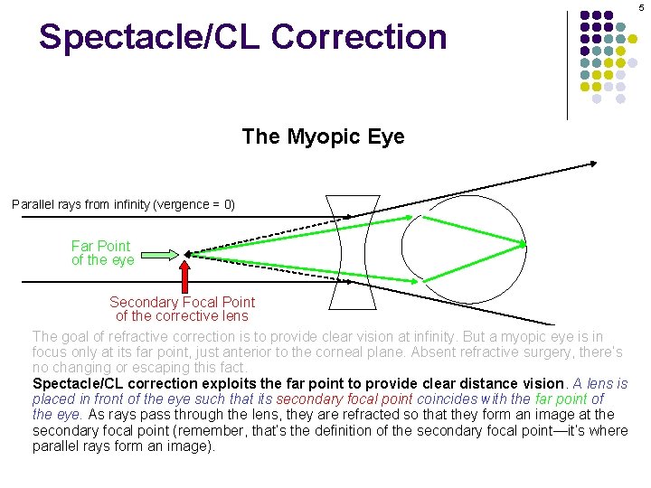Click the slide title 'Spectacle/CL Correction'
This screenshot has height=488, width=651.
pyautogui.click(x=242, y=37)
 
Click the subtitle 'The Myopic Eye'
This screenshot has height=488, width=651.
pyautogui.click(x=323, y=136)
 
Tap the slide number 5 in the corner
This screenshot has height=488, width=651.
pyautogui.click(x=642, y=8)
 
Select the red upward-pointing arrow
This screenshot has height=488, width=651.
pyautogui.click(x=184, y=275)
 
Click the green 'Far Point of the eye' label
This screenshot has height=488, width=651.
pyautogui.click(x=102, y=253)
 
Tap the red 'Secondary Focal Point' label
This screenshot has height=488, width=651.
pyautogui.click(x=182, y=302)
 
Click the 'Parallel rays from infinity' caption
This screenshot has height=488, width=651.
pyautogui.click(x=123, y=204)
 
